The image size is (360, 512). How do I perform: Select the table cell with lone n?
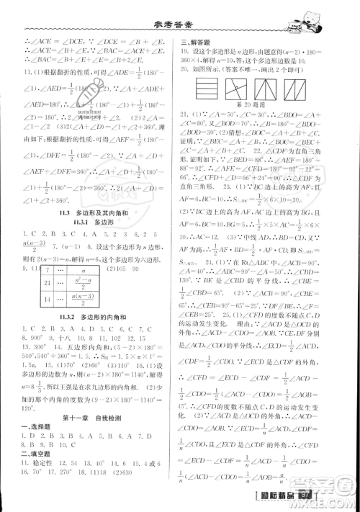tap(83, 270)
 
